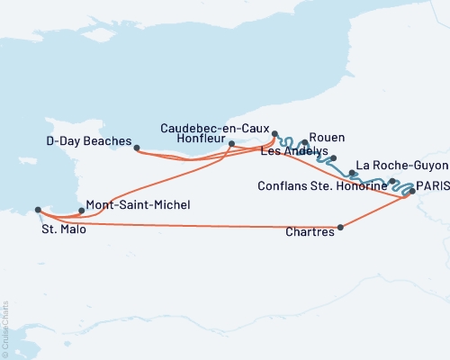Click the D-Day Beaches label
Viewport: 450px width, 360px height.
[x=88, y=141]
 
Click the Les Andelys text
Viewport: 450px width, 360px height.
[x=293, y=151]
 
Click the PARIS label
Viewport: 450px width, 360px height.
[x=432, y=184]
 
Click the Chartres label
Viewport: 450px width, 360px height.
[x=309, y=232]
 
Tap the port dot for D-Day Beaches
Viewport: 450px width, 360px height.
[x=137, y=148]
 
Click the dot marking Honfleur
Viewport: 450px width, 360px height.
[x=232, y=143]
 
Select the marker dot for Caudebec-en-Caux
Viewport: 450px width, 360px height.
[x=274, y=133]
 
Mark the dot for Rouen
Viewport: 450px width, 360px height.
[x=306, y=142]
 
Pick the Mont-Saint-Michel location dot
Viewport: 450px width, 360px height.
[x=82, y=211]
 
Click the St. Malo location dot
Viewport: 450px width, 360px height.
[x=38, y=210]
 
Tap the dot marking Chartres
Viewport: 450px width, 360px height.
[x=340, y=228]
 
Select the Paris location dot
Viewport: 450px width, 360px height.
[x=412, y=191]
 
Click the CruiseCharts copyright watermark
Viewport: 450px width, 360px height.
[x=4, y=328]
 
